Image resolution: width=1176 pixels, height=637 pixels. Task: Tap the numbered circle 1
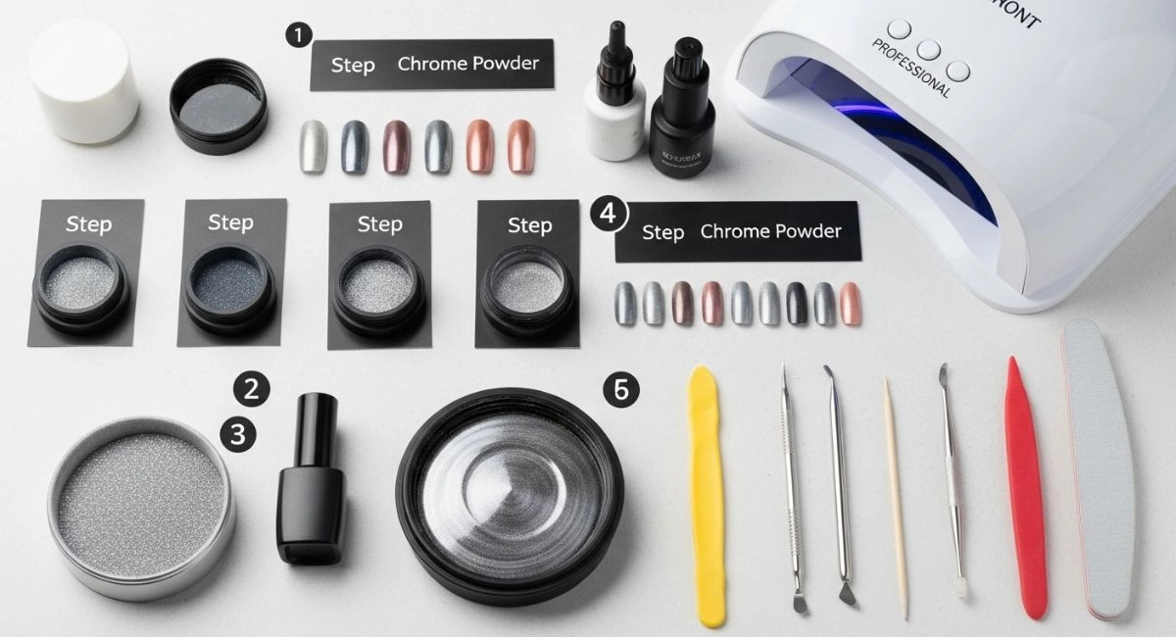tap(298, 35)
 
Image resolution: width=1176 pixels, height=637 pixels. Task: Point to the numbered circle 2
tap(251, 390)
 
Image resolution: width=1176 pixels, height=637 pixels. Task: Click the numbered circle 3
tap(236, 432)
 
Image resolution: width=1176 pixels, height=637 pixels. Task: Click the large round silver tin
tap(141, 506)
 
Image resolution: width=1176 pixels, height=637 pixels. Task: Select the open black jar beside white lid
tap(219, 106)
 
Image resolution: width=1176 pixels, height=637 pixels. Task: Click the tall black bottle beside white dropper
tap(677, 113)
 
